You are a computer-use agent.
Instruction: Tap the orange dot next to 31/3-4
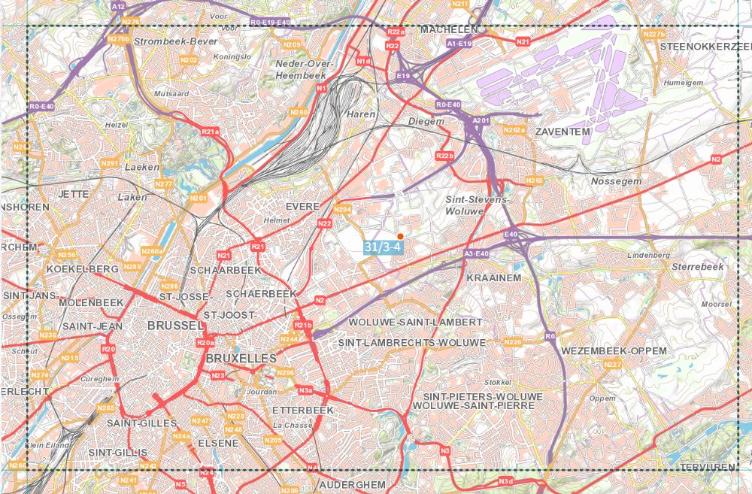point(400,236)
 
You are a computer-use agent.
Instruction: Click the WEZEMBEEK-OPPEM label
point(614,351)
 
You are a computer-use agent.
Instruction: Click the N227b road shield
point(654,35)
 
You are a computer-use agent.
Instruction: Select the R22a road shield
point(396,32)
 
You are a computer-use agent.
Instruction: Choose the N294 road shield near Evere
point(342,209)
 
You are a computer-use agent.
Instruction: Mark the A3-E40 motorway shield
point(477,254)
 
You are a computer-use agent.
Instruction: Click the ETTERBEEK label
point(302,411)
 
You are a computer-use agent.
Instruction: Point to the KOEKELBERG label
point(82,268)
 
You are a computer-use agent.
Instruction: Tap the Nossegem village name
point(616,181)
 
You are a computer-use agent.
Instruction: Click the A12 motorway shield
point(118,6)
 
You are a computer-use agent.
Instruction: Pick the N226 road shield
point(512,342)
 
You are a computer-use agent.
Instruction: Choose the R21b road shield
point(302,325)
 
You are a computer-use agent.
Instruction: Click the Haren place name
point(360,114)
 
